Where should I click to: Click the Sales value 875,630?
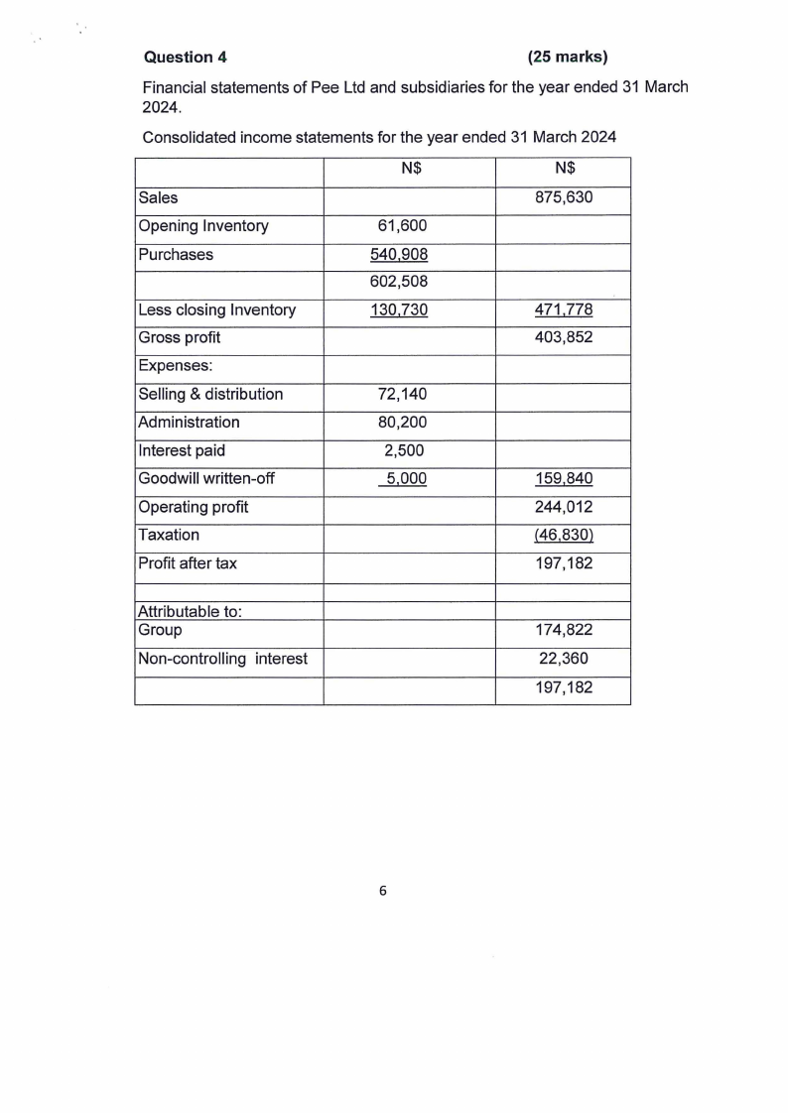(x=563, y=197)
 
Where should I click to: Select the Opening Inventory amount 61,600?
(x=403, y=226)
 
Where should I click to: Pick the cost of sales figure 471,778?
(x=563, y=310)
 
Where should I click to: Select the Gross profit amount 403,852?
(x=563, y=338)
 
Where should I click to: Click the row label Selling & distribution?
(x=210, y=395)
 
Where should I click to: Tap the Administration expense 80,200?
(x=403, y=423)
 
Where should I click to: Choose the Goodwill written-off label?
(x=206, y=479)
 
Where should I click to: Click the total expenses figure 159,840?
(x=563, y=479)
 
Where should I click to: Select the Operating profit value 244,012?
(x=563, y=507)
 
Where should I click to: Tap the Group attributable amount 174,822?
(x=563, y=630)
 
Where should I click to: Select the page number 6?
(x=383, y=890)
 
